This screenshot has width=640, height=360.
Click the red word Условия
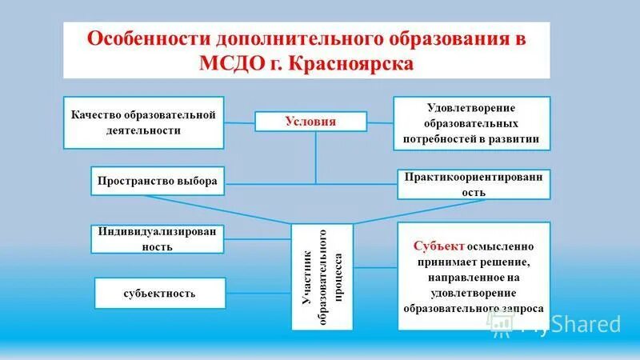[310, 122]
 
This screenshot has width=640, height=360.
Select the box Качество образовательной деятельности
[143, 122]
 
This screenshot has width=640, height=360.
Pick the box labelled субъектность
[160, 293]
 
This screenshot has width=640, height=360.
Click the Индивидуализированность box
[158, 239]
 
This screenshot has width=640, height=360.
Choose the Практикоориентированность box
[474, 185]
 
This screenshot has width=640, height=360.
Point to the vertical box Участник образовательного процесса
[322, 277]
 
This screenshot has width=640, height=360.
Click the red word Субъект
[440, 246]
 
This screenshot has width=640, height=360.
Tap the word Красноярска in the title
[360, 63]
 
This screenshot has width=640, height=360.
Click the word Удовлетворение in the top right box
[471, 108]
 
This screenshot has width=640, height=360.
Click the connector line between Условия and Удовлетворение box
[380, 122]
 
